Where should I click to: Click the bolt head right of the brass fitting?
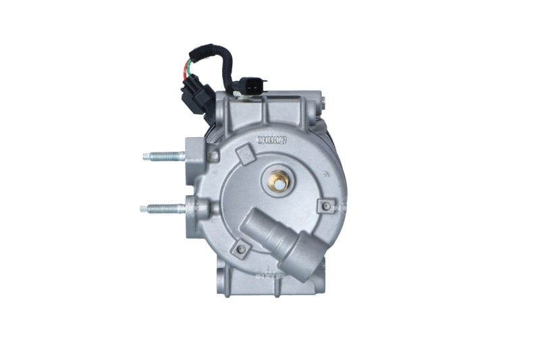(327, 205)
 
